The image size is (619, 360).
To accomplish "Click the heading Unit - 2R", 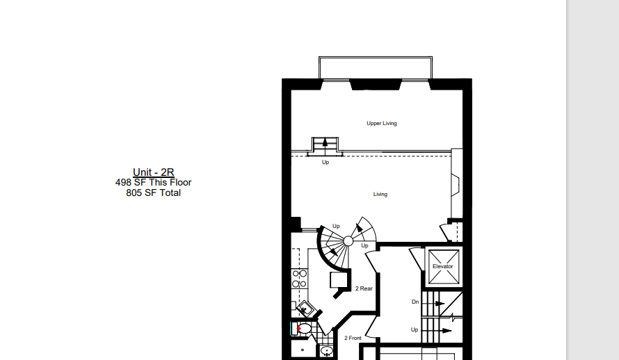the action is coord(154,172).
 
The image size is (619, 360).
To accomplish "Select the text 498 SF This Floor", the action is coord(153,183).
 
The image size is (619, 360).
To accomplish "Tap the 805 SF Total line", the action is coord(153,193).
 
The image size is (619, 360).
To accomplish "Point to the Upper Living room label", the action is coord(382,124).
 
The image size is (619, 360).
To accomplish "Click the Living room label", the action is coord(380,194).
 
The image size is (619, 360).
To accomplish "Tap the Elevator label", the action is coord(442,267).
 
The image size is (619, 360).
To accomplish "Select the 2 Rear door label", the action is coord(364,288).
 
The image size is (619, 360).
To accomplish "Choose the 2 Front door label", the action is coord(353,338).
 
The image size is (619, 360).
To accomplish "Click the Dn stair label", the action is coord(415,302).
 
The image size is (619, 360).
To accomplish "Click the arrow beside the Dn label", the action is coord(440,304).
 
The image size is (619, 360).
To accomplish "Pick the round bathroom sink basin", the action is coord(326,350).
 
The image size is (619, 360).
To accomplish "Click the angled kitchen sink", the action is coord(305,308).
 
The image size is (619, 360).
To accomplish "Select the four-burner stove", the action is coord(300,279).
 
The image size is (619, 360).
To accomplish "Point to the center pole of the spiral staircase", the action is coord(348,241).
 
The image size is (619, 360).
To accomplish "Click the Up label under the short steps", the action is coord(325,162).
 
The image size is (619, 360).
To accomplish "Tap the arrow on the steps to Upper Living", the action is coord(325,144).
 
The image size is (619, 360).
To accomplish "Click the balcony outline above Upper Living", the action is coord(376,58).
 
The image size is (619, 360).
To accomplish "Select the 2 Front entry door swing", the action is coord(370,327).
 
